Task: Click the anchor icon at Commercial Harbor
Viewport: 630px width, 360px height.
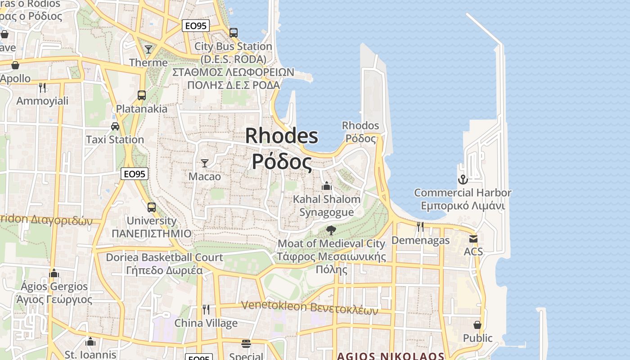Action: tap(463, 180)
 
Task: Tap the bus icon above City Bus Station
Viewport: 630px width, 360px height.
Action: tap(233, 32)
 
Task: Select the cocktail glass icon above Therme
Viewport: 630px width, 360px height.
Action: tap(148, 49)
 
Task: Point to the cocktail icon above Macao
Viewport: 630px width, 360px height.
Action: tap(205, 163)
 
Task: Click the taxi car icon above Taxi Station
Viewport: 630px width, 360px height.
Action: tap(115, 126)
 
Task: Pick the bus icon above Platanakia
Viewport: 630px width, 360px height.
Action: tap(142, 95)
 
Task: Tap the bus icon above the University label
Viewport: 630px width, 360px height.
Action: tap(152, 207)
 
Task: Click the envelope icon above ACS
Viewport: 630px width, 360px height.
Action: tap(473, 238)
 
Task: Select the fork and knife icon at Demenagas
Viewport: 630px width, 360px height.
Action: tap(420, 227)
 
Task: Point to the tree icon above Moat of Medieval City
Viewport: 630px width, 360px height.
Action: tap(331, 230)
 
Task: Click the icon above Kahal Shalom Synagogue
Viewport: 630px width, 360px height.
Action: tap(327, 185)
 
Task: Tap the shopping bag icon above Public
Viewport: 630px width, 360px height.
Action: tap(477, 325)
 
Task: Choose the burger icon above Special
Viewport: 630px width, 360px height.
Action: tap(246, 344)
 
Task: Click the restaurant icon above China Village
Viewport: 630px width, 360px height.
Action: tap(206, 310)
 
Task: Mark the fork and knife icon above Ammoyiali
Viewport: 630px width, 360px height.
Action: tap(42, 87)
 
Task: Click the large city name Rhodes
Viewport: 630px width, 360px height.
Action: tap(282, 136)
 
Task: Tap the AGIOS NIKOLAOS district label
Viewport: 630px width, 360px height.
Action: tap(391, 356)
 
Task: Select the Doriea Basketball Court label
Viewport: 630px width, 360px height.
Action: tap(164, 257)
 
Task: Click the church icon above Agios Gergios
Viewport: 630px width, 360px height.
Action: tap(54, 273)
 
